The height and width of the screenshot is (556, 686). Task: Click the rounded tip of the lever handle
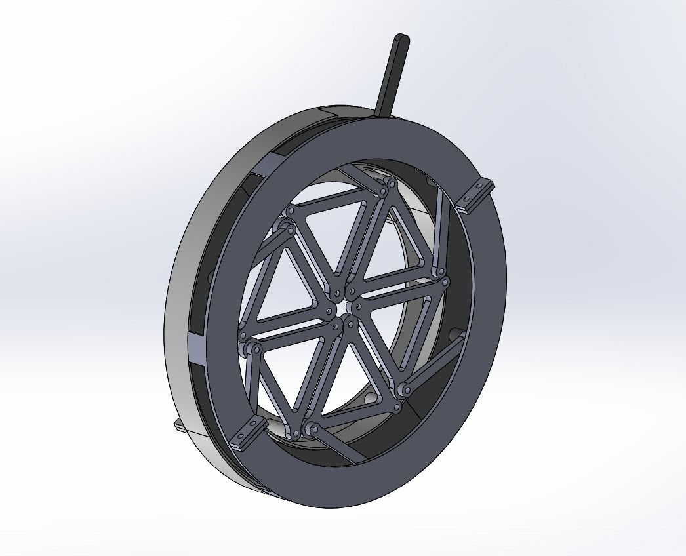[402, 41]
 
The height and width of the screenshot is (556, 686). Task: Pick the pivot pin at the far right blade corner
[447, 282]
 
